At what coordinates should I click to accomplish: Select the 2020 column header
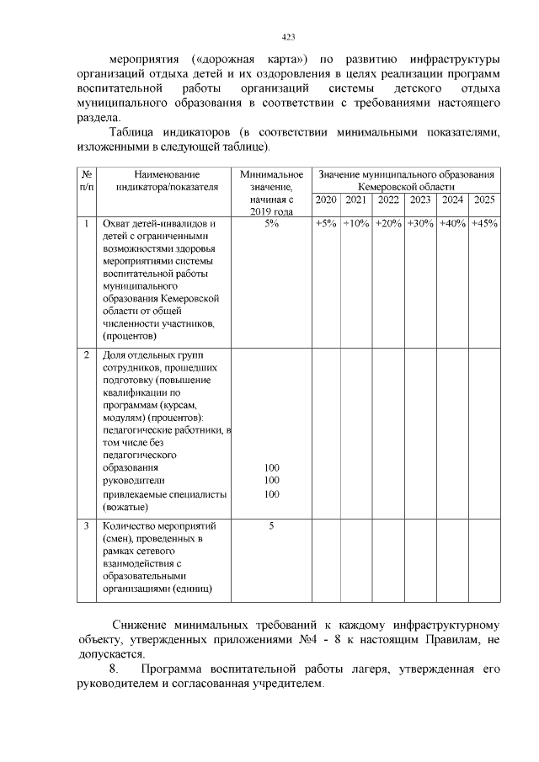tap(325, 200)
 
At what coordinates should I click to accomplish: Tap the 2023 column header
tap(419, 200)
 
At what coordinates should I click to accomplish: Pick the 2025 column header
tap(483, 200)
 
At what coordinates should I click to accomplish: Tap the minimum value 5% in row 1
tap(271, 224)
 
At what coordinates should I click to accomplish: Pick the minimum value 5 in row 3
tap(271, 526)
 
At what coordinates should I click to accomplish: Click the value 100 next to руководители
tap(271, 480)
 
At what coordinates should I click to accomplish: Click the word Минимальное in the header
tap(271, 173)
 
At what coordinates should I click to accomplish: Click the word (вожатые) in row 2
tap(125, 508)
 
